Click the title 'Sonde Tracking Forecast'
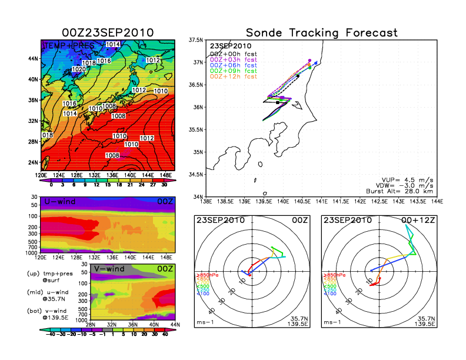pos(321,33)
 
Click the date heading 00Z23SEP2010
pos(108,33)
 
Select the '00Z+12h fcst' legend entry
pos(234,76)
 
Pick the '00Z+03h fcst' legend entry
pos(234,61)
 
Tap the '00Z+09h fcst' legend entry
pos(234,71)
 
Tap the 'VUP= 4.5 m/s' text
pos(410,177)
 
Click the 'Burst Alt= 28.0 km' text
pos(404,191)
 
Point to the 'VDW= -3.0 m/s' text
pos(410,184)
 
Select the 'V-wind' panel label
pos(110,269)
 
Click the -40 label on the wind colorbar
pos(51,334)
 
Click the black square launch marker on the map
pos(277,102)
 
